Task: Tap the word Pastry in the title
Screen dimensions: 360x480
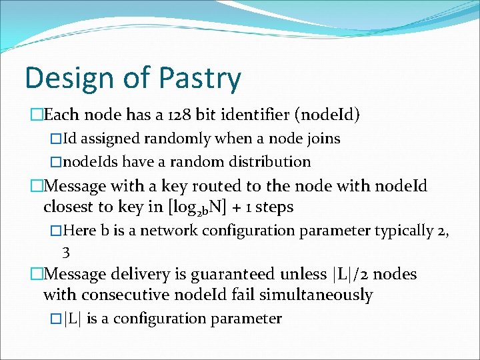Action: tap(199, 78)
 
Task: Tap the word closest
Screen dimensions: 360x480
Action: tap(69, 207)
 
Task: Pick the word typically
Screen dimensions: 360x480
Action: tap(403, 231)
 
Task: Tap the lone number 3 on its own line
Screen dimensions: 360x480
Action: tap(65, 252)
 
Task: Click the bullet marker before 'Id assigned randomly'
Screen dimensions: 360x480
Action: tap(55, 139)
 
